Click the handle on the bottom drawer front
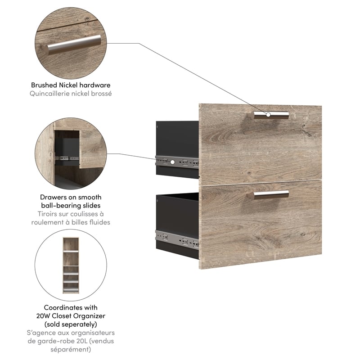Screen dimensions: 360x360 coord(271,195)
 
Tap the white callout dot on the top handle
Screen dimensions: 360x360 coord(269,115)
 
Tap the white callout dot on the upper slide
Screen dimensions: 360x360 coord(172,161)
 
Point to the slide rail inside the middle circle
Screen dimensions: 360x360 coord(66,158)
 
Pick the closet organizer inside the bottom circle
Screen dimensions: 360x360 coord(71,265)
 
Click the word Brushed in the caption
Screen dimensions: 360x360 coord(43,85)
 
